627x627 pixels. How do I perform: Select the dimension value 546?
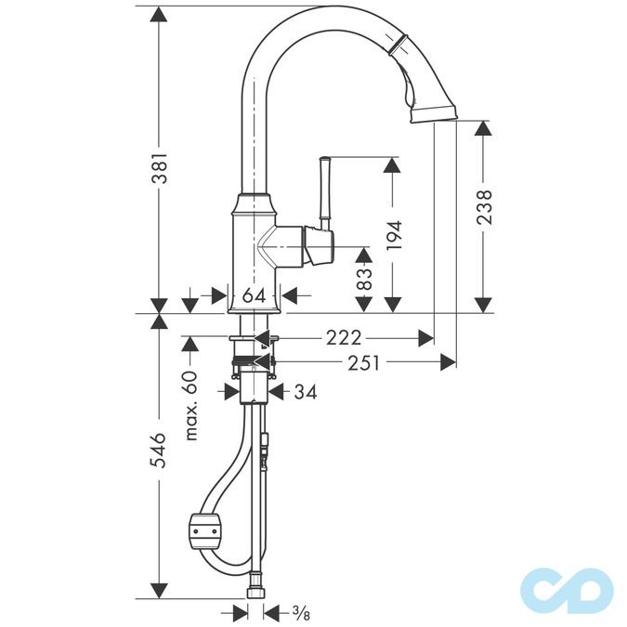pyautogui.click(x=160, y=451)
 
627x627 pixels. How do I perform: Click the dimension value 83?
pyautogui.click(x=363, y=279)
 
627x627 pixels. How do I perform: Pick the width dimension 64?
pyautogui.click(x=255, y=295)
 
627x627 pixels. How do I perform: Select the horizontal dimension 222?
pyautogui.click(x=344, y=337)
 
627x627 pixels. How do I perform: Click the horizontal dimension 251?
pyautogui.click(x=364, y=362)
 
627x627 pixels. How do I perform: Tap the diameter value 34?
pyautogui.click(x=305, y=392)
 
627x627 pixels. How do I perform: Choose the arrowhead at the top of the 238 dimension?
pyautogui.click(x=482, y=129)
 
